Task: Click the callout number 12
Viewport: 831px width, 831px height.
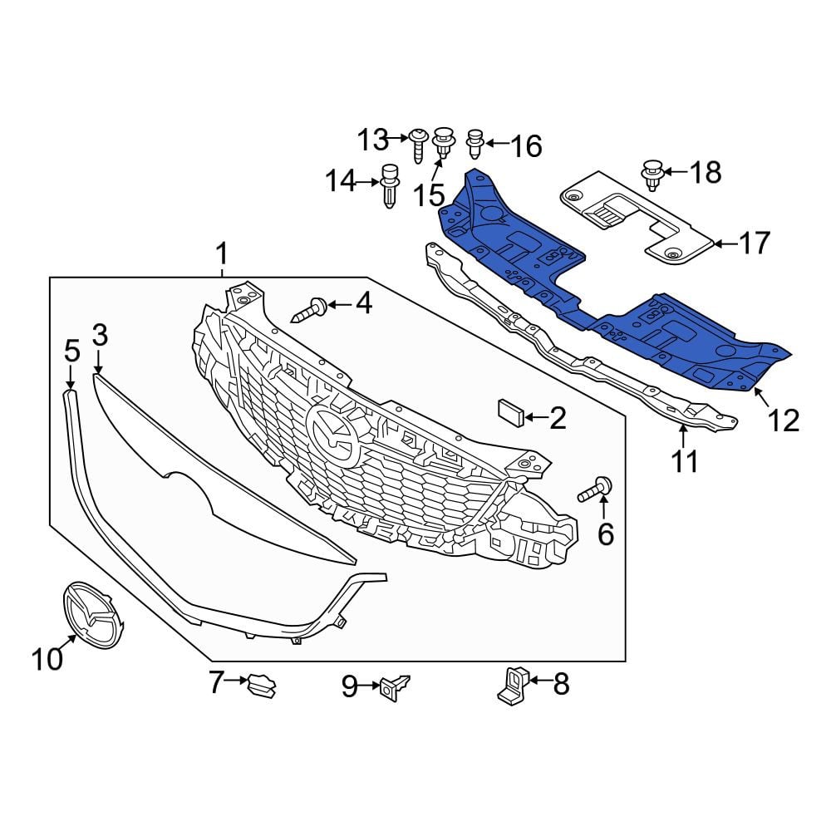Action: tap(783, 420)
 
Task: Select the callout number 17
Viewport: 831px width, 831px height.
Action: tap(754, 243)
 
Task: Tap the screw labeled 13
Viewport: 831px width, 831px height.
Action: tap(418, 144)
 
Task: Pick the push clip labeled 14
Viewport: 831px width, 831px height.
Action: tap(390, 186)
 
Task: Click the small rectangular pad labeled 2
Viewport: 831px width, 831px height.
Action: tap(511, 413)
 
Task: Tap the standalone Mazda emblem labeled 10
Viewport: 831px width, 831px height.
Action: tap(93, 616)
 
